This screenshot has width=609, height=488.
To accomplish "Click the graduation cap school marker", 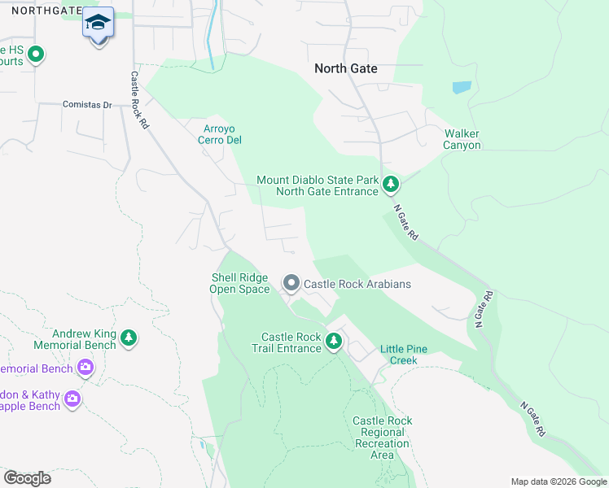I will [99, 24].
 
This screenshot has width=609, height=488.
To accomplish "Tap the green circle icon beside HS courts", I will [35, 54].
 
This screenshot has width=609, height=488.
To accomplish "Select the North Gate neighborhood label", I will [346, 69].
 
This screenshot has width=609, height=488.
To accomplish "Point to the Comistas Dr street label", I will [87, 105].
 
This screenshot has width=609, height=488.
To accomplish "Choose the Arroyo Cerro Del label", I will [223, 133].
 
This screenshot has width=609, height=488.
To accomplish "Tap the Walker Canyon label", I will [462, 139].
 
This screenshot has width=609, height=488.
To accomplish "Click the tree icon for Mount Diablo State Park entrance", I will [392, 185].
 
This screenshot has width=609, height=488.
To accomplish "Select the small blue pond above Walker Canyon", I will [461, 87].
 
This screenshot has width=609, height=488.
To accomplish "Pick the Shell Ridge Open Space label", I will [240, 283].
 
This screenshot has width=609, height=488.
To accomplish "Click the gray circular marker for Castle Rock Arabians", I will [291, 283].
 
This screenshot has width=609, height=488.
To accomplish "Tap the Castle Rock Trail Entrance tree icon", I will [333, 342].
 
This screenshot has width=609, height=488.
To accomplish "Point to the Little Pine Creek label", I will [404, 355].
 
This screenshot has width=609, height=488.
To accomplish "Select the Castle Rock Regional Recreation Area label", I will [383, 438].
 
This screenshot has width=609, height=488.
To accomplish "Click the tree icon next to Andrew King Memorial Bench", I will [128, 338].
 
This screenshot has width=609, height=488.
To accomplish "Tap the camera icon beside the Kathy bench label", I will [72, 399].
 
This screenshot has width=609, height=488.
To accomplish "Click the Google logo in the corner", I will [27, 477].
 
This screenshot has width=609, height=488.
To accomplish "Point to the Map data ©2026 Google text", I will [558, 481].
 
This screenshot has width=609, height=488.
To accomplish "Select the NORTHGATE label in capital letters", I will [41, 11].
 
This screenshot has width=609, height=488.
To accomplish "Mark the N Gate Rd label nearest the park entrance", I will [405, 221].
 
